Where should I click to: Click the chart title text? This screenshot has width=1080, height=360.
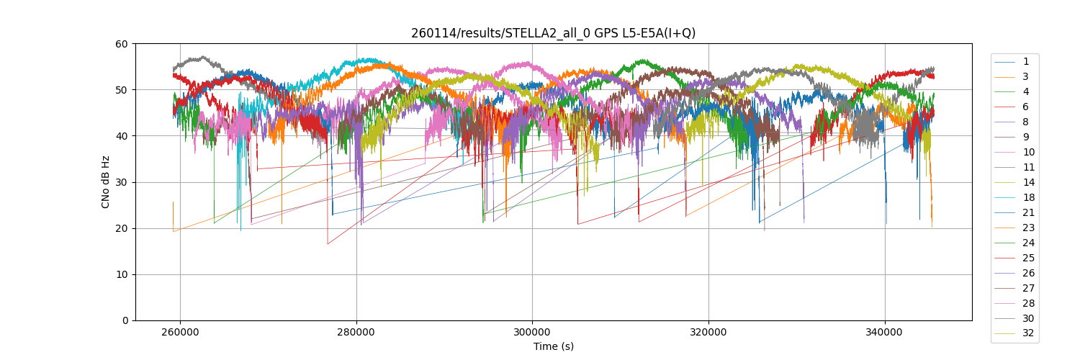(553, 33)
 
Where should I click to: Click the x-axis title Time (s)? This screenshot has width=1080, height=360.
(553, 346)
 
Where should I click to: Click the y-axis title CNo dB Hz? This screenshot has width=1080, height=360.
(105, 182)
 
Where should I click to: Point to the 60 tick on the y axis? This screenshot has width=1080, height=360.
(122, 44)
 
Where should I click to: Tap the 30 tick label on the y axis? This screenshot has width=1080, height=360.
(122, 182)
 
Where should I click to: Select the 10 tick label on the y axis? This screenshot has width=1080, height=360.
(122, 274)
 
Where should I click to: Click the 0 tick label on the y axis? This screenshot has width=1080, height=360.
(125, 320)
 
